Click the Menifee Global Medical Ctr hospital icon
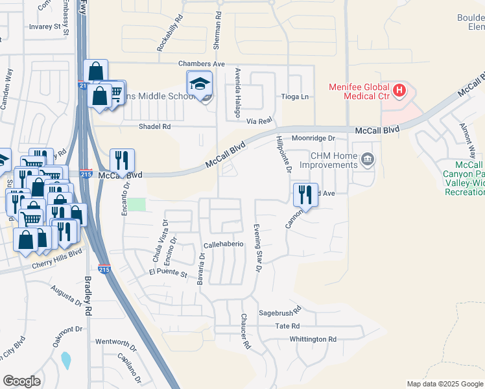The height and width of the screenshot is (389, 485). pyautogui.click(x=399, y=89)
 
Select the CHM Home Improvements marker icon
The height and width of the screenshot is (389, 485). pyautogui.click(x=367, y=159)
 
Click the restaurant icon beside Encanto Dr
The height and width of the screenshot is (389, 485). pyautogui.click(x=122, y=161)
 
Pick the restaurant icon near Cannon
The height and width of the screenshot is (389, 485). pyautogui.click(x=303, y=195)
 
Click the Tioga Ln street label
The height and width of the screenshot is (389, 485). pyautogui.click(x=294, y=97)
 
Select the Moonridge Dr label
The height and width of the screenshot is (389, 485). pyautogui.click(x=313, y=138)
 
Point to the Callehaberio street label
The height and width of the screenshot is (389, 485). pyautogui.click(x=223, y=244)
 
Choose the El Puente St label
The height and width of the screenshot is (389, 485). pyautogui.click(x=167, y=275)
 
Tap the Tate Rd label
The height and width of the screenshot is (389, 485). pyautogui.click(x=287, y=326)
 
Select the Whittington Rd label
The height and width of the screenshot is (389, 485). pyautogui.click(x=313, y=339)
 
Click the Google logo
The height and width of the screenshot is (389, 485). pyautogui.click(x=21, y=381)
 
